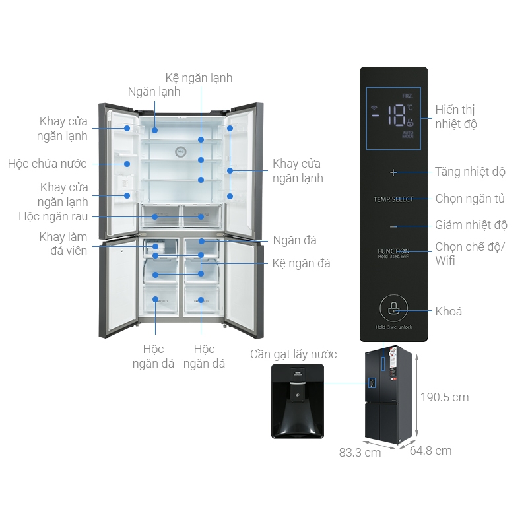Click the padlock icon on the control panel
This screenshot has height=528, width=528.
[393, 307]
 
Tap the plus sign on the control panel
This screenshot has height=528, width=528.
[394, 172]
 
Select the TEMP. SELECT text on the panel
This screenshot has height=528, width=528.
[393, 199]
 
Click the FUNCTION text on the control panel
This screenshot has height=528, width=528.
[393, 251]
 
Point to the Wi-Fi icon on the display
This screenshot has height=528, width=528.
[375, 108]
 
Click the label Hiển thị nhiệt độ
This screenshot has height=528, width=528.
[456, 117]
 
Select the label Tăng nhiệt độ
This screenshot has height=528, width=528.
[470, 172]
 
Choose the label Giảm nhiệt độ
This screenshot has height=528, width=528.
[471, 226]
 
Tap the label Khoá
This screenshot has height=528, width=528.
[449, 312]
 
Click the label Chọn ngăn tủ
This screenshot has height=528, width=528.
[471, 199]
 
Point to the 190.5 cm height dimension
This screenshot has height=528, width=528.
[445, 397]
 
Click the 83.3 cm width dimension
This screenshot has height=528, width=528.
[360, 453]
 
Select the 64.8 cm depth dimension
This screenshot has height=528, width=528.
[431, 451]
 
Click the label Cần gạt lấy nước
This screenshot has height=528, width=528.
[293, 355]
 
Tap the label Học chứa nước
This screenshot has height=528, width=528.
[48, 164]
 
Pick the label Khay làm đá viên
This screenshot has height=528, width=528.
[63, 244]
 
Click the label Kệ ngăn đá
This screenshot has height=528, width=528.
[302, 263]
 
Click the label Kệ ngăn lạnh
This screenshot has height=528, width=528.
[199, 78]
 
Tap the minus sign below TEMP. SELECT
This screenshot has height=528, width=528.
[394, 226]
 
